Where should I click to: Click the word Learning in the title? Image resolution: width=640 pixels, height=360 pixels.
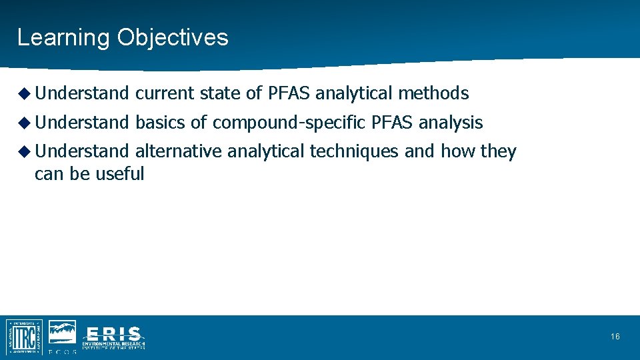coord(63,37)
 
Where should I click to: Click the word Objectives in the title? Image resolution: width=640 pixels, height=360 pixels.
coord(173,37)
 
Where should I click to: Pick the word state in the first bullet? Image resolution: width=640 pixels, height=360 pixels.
coord(220,94)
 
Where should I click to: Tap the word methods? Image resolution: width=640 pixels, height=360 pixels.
coord(433,94)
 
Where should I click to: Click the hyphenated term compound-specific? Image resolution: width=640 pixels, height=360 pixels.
coord(289,123)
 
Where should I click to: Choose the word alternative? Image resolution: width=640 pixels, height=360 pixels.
coord(178,152)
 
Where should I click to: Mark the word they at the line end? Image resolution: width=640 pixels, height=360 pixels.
coord(498,152)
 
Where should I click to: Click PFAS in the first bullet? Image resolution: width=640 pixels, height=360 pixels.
coord(289,94)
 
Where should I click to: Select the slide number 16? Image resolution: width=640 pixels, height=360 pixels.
coord(615,337)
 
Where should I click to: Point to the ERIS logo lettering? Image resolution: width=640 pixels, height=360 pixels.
coord(113,334)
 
